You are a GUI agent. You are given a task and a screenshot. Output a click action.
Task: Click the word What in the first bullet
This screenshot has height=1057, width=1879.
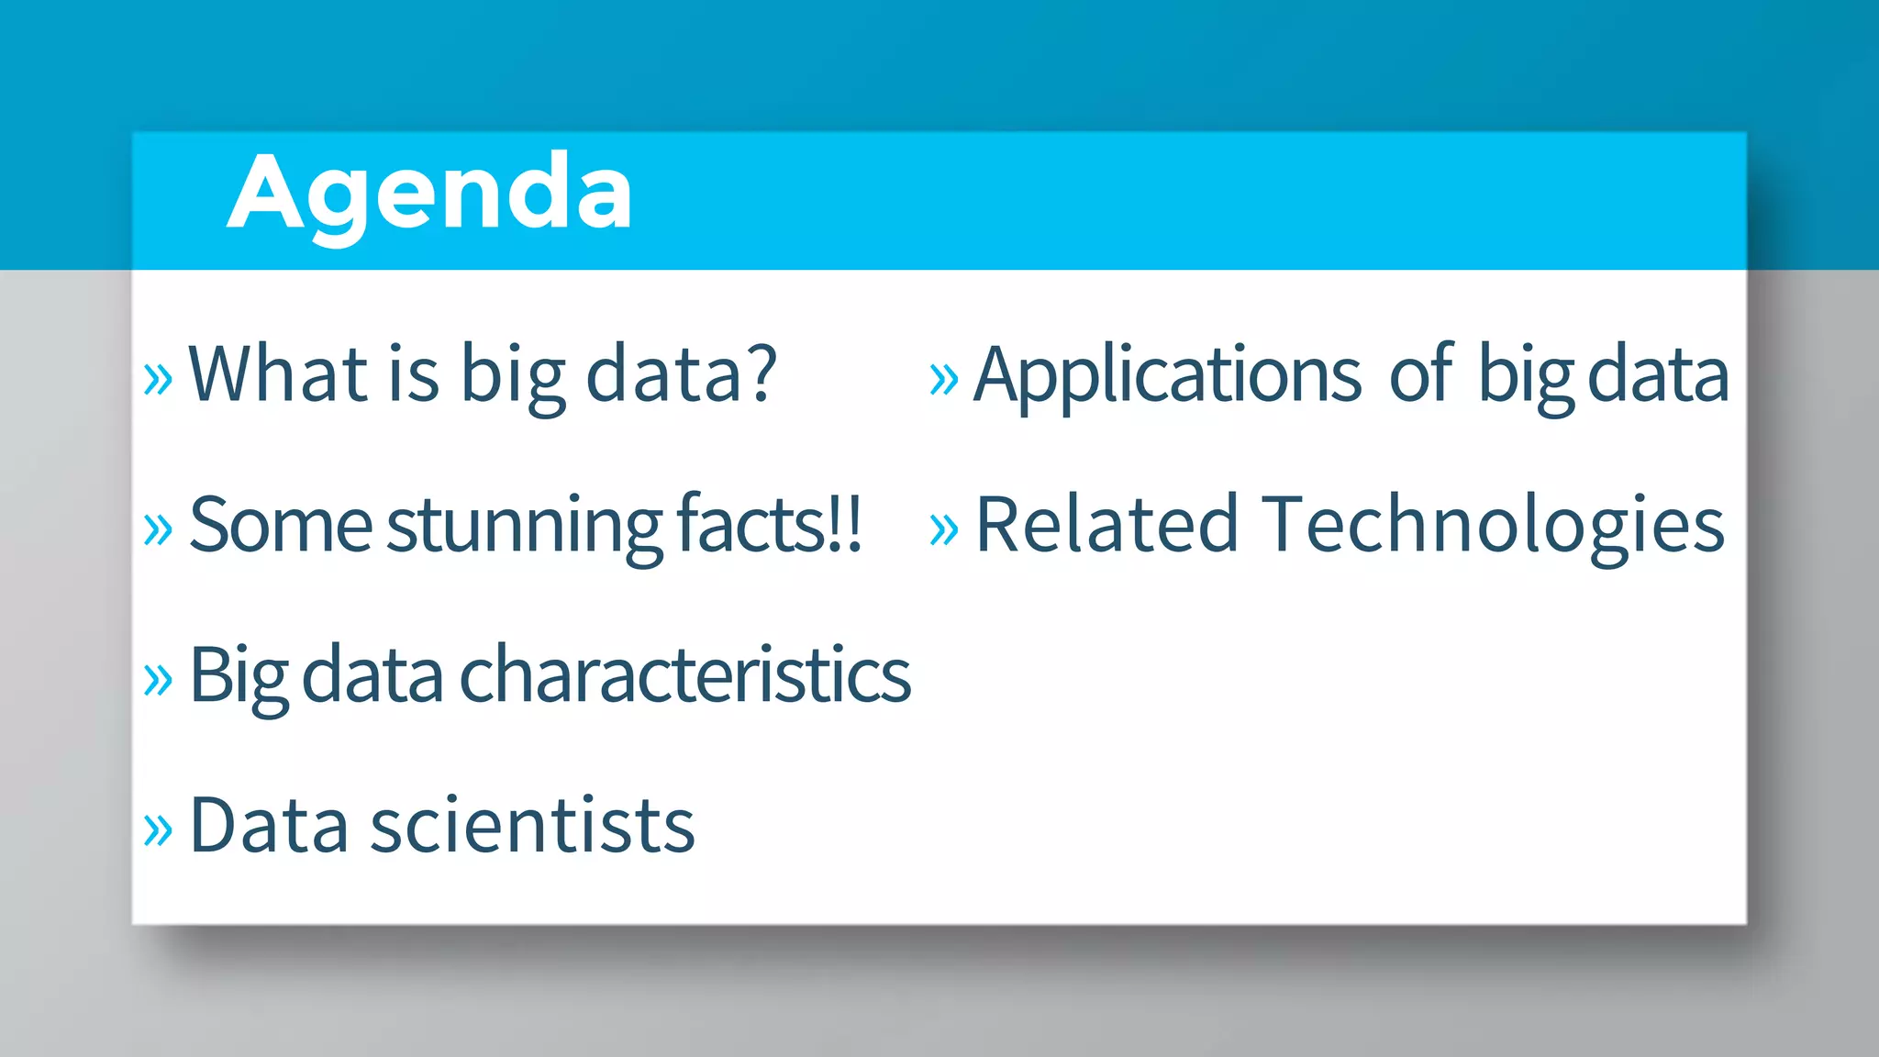(278, 373)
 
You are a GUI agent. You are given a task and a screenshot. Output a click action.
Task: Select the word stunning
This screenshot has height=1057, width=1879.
(524, 526)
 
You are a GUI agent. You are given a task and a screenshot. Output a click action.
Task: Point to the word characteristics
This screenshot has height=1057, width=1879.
(684, 675)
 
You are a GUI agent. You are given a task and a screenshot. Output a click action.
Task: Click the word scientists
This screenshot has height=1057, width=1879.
(532, 826)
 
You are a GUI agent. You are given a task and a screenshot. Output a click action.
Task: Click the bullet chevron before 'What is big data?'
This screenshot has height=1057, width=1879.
(158, 379)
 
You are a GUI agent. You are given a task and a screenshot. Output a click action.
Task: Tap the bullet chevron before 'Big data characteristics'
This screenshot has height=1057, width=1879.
(158, 680)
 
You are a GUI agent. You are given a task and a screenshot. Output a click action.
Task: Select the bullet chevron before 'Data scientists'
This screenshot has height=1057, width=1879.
(158, 830)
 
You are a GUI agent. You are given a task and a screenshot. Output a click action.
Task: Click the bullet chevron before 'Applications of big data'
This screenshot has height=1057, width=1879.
(943, 379)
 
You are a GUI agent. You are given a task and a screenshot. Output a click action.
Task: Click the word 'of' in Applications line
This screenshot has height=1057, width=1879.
(1421, 373)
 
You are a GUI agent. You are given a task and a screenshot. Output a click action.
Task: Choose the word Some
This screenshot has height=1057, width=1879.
(280, 526)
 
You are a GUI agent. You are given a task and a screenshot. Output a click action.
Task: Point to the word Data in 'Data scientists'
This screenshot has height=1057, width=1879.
(269, 826)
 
